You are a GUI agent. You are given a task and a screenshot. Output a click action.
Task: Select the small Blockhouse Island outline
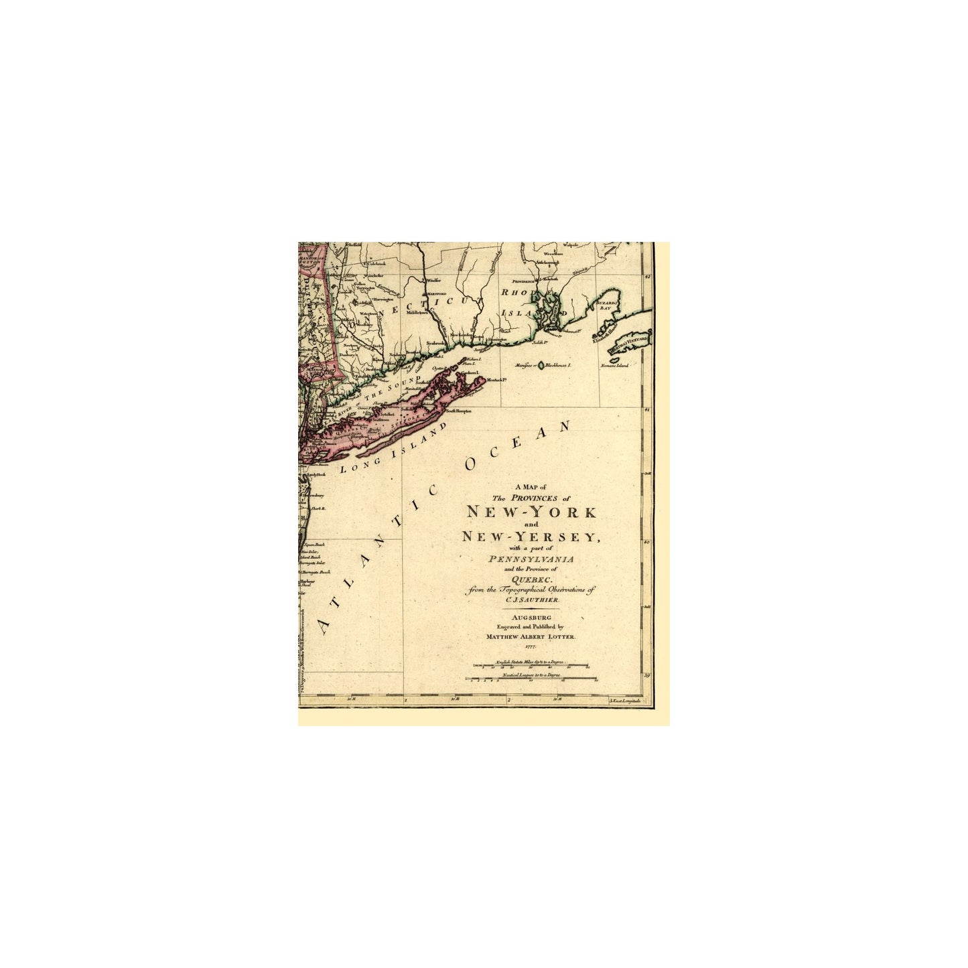pyautogui.click(x=541, y=366)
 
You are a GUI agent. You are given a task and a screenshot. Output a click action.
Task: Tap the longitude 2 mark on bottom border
pyautogui.click(x=509, y=701)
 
